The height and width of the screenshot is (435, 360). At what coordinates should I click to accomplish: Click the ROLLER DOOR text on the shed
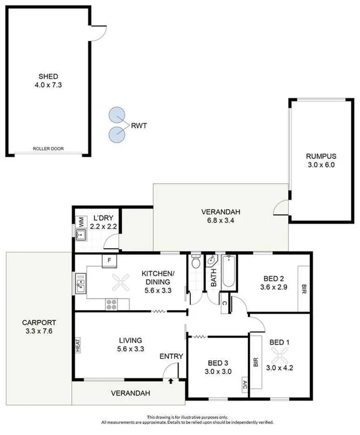pos(48,149)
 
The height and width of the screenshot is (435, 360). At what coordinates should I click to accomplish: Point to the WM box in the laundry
pos(81,221)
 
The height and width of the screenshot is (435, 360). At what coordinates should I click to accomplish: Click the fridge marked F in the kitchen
pos(109,261)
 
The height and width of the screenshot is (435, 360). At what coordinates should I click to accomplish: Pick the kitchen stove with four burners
pos(111,304)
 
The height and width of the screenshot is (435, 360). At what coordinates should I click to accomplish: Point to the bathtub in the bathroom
pos(228,272)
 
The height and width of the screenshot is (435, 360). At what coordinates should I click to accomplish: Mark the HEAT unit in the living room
pos(77,346)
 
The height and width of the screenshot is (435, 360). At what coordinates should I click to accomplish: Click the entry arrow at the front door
pos(170,381)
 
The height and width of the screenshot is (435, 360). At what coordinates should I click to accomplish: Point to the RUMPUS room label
pos(321,156)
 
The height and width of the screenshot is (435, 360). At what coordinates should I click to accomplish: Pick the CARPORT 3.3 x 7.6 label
pos(39,327)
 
